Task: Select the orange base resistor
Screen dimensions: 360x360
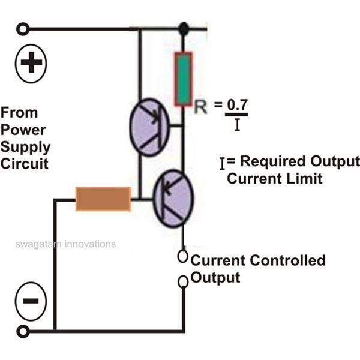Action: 103,199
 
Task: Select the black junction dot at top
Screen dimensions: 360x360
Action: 183,28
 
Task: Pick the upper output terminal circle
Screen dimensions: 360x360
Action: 184,257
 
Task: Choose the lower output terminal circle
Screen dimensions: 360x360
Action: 184,281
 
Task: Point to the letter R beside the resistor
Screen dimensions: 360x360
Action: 201,107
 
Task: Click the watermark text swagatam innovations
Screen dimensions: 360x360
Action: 65,244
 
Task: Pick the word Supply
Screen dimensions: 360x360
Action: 25,146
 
